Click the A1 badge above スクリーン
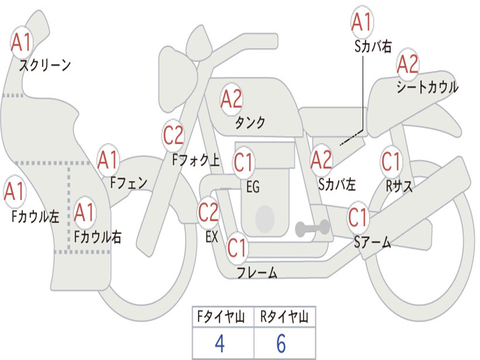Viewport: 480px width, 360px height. click(21, 43)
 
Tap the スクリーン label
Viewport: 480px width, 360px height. click(45, 65)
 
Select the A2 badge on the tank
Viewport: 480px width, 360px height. click(232, 99)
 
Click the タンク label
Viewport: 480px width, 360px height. click(250, 122)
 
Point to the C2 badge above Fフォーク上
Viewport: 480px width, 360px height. click(173, 135)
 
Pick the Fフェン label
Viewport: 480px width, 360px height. click(128, 183)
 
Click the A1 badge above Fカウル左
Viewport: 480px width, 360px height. click(15, 191)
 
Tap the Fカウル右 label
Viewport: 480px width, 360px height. click(97, 237)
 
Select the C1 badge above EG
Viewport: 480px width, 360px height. click(243, 162)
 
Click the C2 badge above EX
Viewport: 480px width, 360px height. click(209, 212)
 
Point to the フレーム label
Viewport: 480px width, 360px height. click(257, 272)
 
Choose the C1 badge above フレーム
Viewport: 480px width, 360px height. click(237, 248)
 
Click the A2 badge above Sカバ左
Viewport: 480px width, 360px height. click(321, 160)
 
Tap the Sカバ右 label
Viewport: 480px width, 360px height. click(373, 46)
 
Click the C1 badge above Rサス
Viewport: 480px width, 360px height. click(391, 162)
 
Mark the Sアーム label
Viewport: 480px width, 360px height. click(373, 242)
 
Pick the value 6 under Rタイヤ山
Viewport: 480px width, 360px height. click(281, 343)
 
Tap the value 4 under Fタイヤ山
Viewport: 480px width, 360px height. click(220, 343)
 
